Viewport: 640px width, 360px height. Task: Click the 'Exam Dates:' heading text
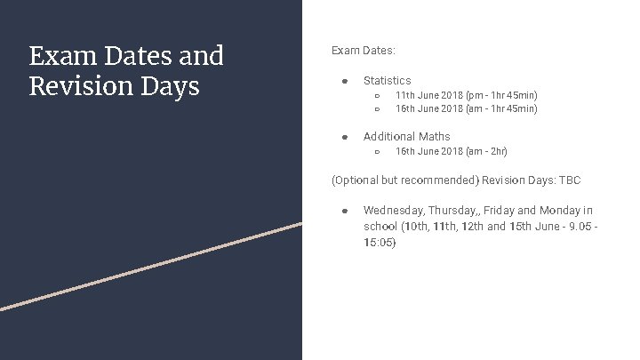pos(364,51)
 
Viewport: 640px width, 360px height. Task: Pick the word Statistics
pos(387,80)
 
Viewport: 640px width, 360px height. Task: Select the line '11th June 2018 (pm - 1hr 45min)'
pos(466,95)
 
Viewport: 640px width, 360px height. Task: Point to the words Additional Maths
pos(406,136)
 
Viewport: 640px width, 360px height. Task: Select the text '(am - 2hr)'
pos(486,151)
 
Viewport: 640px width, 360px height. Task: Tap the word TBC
pos(570,180)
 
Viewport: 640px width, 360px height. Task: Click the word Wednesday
pos(393,211)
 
